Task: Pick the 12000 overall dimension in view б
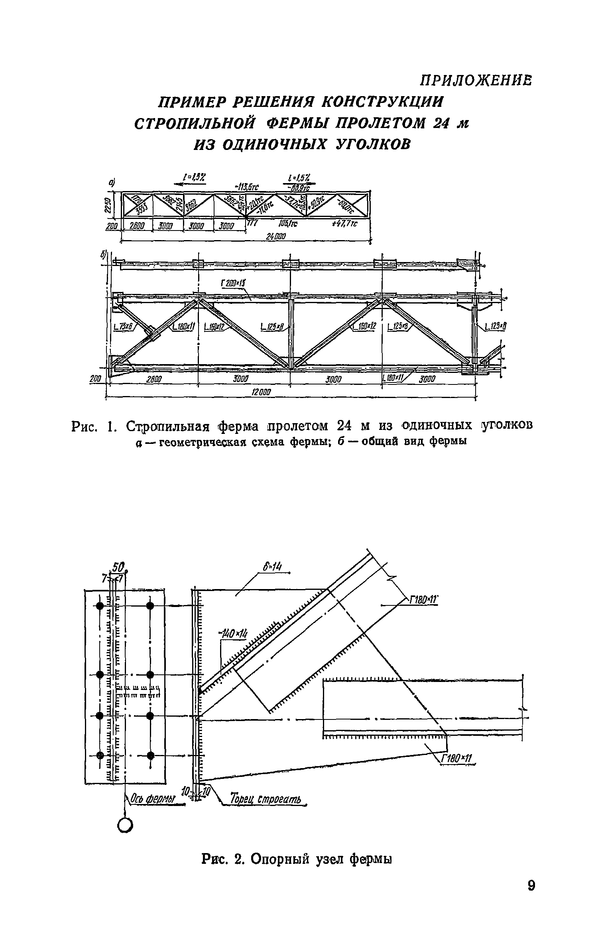261,392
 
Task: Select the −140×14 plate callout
233,633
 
